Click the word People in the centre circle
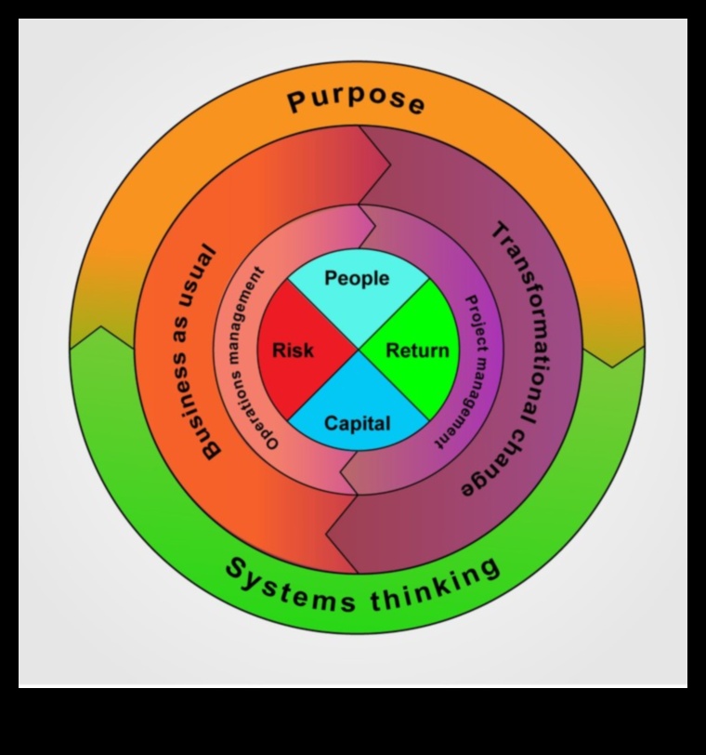tap(357, 279)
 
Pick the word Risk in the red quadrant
tap(293, 351)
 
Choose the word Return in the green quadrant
tap(417, 351)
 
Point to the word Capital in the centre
tap(357, 424)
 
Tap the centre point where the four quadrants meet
tap(358, 351)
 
